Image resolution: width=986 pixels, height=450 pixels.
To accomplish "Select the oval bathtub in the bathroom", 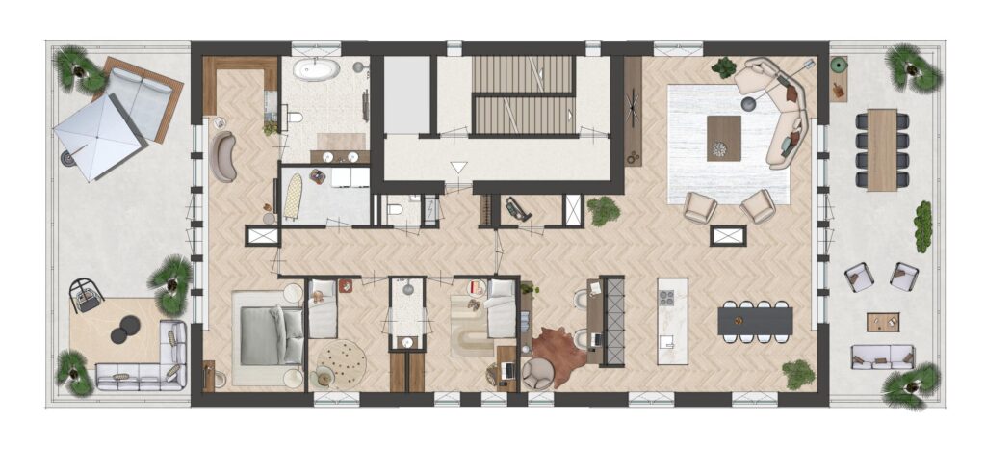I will click(x=318, y=70).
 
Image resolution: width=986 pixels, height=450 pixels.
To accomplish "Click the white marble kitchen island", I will click(x=672, y=321).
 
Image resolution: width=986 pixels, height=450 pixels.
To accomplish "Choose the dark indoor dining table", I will click(x=756, y=320).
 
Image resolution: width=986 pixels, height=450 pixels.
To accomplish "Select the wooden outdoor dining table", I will click(x=881, y=149).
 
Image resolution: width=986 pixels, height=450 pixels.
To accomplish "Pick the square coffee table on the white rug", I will click(x=723, y=138).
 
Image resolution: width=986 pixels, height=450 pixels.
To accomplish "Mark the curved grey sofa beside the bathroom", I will click(x=224, y=157).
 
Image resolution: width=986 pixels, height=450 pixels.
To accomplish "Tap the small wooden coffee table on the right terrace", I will click(x=882, y=322).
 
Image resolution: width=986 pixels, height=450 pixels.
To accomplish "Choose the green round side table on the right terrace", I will click(x=839, y=66).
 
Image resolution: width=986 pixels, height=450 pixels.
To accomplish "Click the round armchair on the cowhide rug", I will click(x=536, y=373).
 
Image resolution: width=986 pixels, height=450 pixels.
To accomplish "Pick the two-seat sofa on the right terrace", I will click(x=882, y=357).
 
